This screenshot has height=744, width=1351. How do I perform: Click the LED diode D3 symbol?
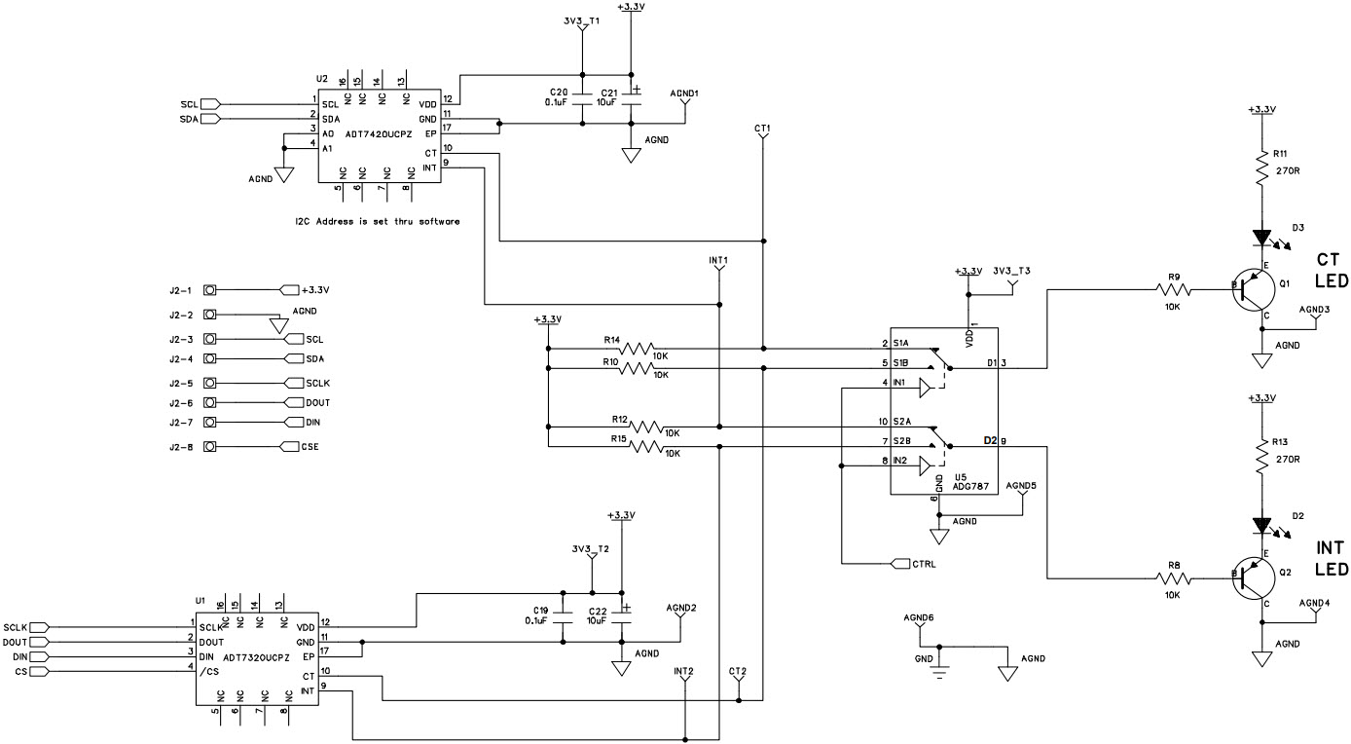(x=1262, y=237)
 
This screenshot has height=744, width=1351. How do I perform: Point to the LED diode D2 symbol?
(x=1262, y=526)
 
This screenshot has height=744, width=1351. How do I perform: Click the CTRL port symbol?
(x=899, y=564)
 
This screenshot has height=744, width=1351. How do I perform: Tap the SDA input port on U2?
(x=211, y=119)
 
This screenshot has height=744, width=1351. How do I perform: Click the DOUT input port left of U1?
(x=38, y=642)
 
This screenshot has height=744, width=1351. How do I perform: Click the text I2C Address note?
(x=377, y=222)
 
